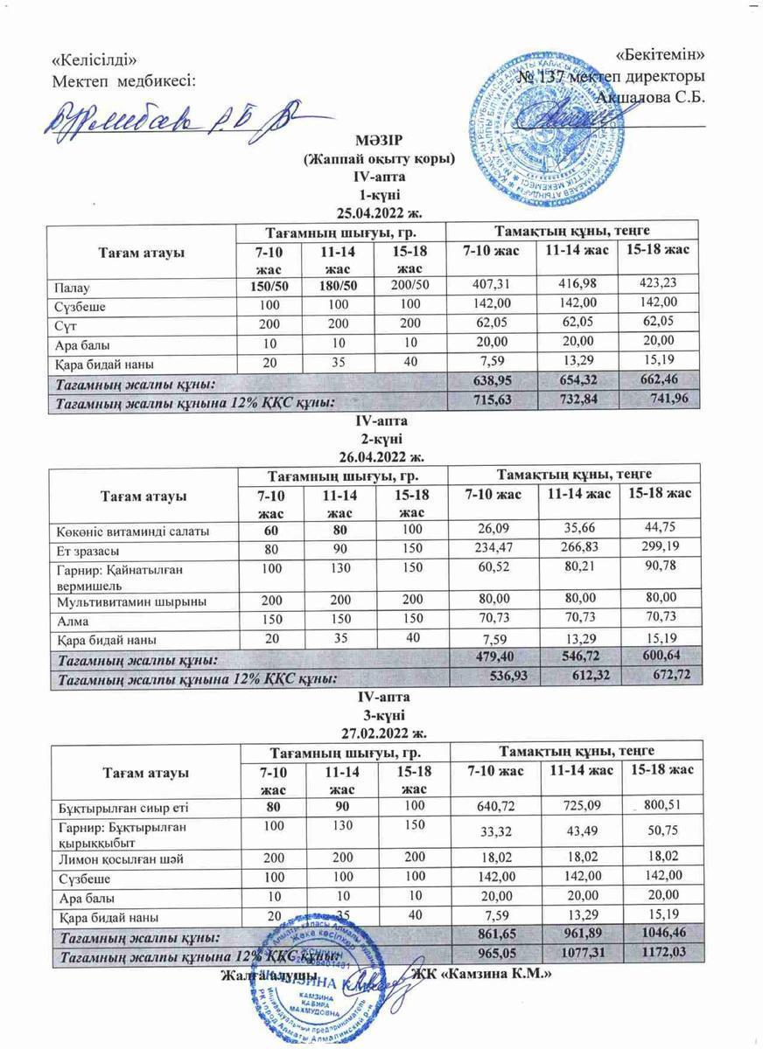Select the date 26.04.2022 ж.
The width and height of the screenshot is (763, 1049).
pos(381,455)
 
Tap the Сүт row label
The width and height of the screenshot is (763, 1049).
pos(66,324)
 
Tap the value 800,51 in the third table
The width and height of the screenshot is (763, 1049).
pos(662,805)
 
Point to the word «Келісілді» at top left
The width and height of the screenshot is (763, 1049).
pos(94,60)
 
